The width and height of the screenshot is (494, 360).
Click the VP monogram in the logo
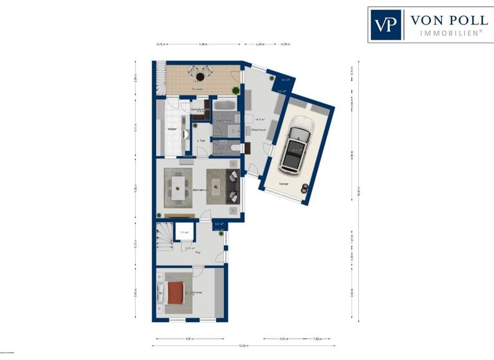(x=386, y=24)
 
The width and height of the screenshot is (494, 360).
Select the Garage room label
(x=284, y=184)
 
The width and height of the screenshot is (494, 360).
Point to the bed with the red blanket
(x=174, y=293)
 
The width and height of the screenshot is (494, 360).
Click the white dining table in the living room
(x=177, y=186)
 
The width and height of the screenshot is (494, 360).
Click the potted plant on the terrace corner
(x=235, y=90)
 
